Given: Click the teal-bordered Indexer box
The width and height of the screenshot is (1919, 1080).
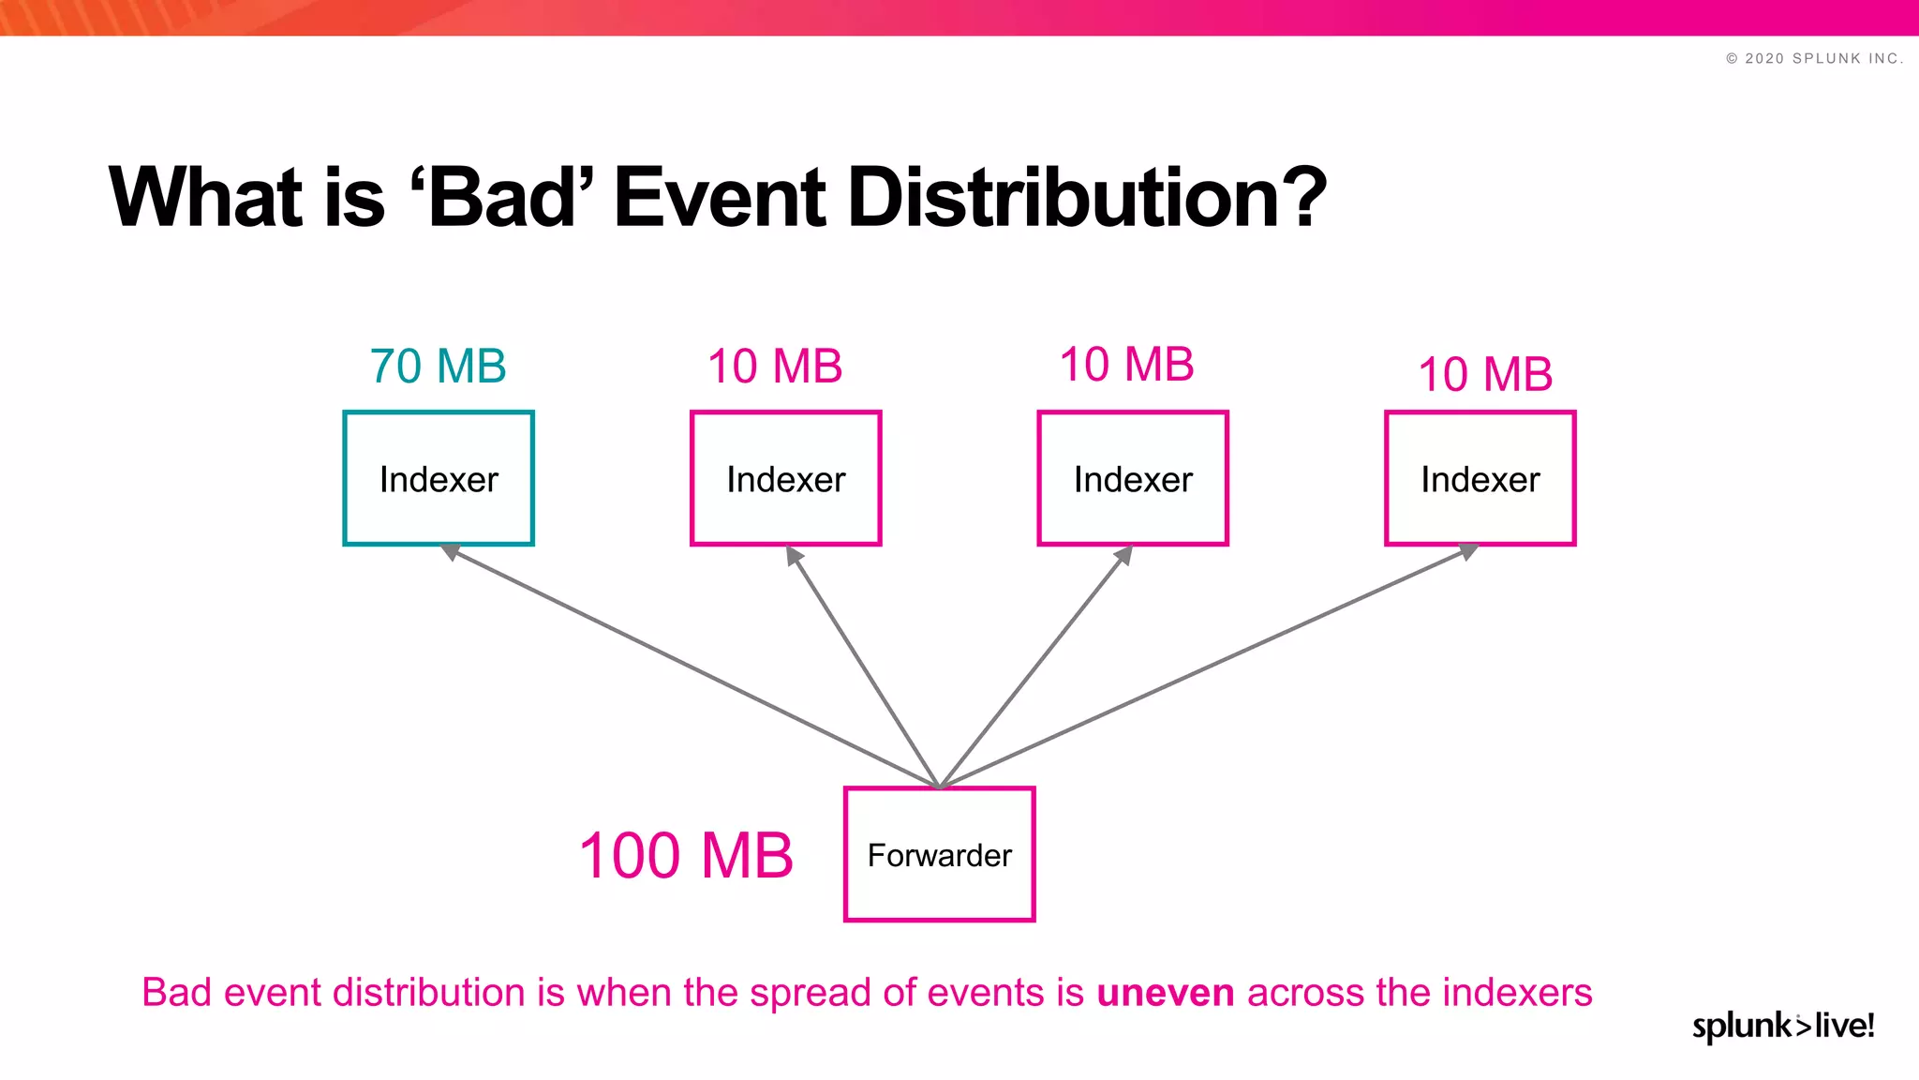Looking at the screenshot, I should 439,478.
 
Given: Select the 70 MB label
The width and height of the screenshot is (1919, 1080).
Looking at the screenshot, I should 438,367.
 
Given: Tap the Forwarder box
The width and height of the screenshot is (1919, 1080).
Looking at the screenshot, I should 939,854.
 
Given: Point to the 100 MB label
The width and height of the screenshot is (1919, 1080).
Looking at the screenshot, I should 686,856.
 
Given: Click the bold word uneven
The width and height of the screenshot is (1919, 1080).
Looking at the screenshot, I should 1165,993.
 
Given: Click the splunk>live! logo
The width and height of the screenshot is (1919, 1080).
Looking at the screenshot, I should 1782,1026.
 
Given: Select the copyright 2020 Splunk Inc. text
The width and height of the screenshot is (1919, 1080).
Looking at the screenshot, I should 1814,58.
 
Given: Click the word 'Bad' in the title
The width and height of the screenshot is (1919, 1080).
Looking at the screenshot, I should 502,198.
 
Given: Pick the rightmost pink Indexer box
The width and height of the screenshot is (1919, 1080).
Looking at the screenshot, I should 1480,478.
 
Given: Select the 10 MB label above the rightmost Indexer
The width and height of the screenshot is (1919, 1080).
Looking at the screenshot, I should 1485,375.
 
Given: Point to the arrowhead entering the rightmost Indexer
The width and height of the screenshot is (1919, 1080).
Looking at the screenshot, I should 1468,551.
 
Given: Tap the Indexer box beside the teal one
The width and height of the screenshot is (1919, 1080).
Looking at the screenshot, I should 785,478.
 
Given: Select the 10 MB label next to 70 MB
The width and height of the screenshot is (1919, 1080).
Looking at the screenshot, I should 775,367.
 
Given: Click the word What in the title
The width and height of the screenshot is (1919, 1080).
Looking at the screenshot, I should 205,198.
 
